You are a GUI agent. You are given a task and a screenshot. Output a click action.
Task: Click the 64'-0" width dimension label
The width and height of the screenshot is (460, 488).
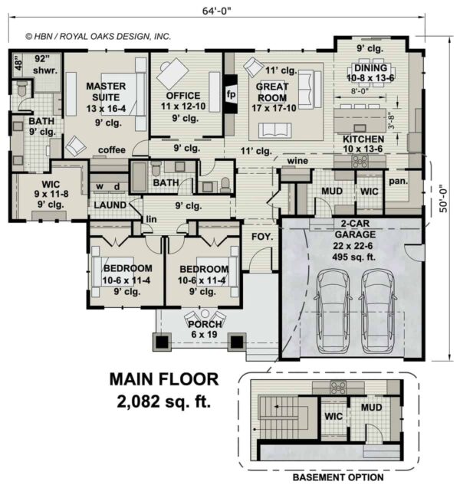point(217,11)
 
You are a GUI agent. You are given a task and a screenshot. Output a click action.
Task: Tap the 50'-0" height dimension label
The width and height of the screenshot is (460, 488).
point(443,201)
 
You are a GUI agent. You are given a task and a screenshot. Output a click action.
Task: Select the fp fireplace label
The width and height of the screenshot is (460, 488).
point(231,94)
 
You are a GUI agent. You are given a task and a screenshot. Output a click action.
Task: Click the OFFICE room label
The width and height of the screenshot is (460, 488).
point(183,96)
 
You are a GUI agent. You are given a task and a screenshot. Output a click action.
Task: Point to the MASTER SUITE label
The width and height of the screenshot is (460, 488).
point(106,91)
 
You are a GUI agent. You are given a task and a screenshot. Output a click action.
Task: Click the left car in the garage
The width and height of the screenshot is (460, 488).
point(332,312)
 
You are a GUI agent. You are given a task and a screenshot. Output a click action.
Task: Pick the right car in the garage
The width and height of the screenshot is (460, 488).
point(379,312)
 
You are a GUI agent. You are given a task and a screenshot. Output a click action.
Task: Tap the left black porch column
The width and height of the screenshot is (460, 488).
point(162,342)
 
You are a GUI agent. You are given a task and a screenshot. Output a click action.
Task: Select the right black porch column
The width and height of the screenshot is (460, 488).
point(237,342)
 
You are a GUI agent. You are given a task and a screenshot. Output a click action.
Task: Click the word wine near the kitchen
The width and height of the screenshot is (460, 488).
point(297,161)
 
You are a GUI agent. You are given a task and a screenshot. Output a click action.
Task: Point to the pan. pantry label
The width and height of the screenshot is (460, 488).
point(399,181)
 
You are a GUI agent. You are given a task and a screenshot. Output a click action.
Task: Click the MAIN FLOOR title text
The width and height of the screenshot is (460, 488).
point(164,379)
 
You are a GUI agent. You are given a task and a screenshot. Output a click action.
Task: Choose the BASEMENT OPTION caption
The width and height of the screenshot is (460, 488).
point(338,477)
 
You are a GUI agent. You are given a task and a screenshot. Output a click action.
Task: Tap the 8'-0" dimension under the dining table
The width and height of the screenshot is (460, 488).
point(360,91)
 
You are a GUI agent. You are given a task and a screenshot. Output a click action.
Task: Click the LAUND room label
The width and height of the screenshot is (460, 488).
point(110,205)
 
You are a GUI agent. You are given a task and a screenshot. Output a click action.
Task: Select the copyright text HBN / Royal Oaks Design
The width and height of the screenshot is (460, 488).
point(98,37)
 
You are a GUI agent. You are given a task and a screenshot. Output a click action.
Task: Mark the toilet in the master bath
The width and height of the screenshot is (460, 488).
point(21,88)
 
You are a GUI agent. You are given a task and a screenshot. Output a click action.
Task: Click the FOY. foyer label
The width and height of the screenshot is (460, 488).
point(262,237)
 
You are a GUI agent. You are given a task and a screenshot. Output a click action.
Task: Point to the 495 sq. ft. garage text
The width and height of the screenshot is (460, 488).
point(353,257)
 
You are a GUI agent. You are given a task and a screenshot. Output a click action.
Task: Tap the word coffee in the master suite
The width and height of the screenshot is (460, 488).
point(112,150)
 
